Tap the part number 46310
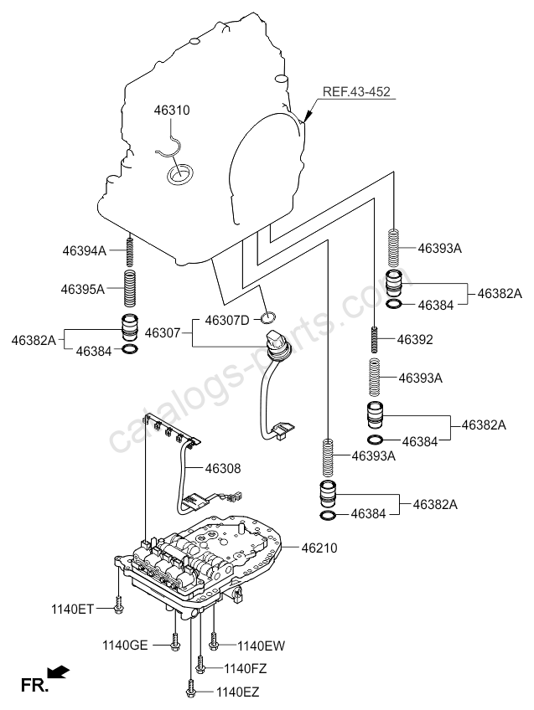tap(172, 110)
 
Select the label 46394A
tap(84, 250)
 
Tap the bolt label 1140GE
tap(126, 645)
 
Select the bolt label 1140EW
tap(261, 645)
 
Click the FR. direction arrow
tap(57, 671)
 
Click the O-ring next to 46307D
tap(267, 317)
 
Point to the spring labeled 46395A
tap(130, 287)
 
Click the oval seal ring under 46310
tap(179, 174)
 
